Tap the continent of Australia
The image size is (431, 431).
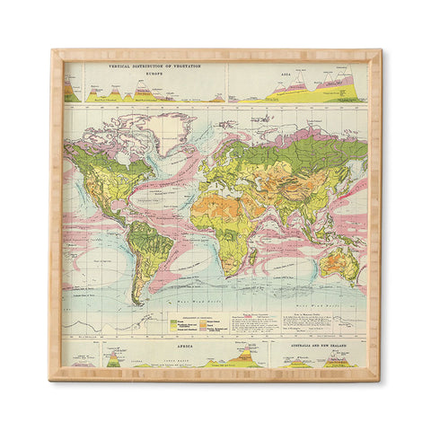339,262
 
